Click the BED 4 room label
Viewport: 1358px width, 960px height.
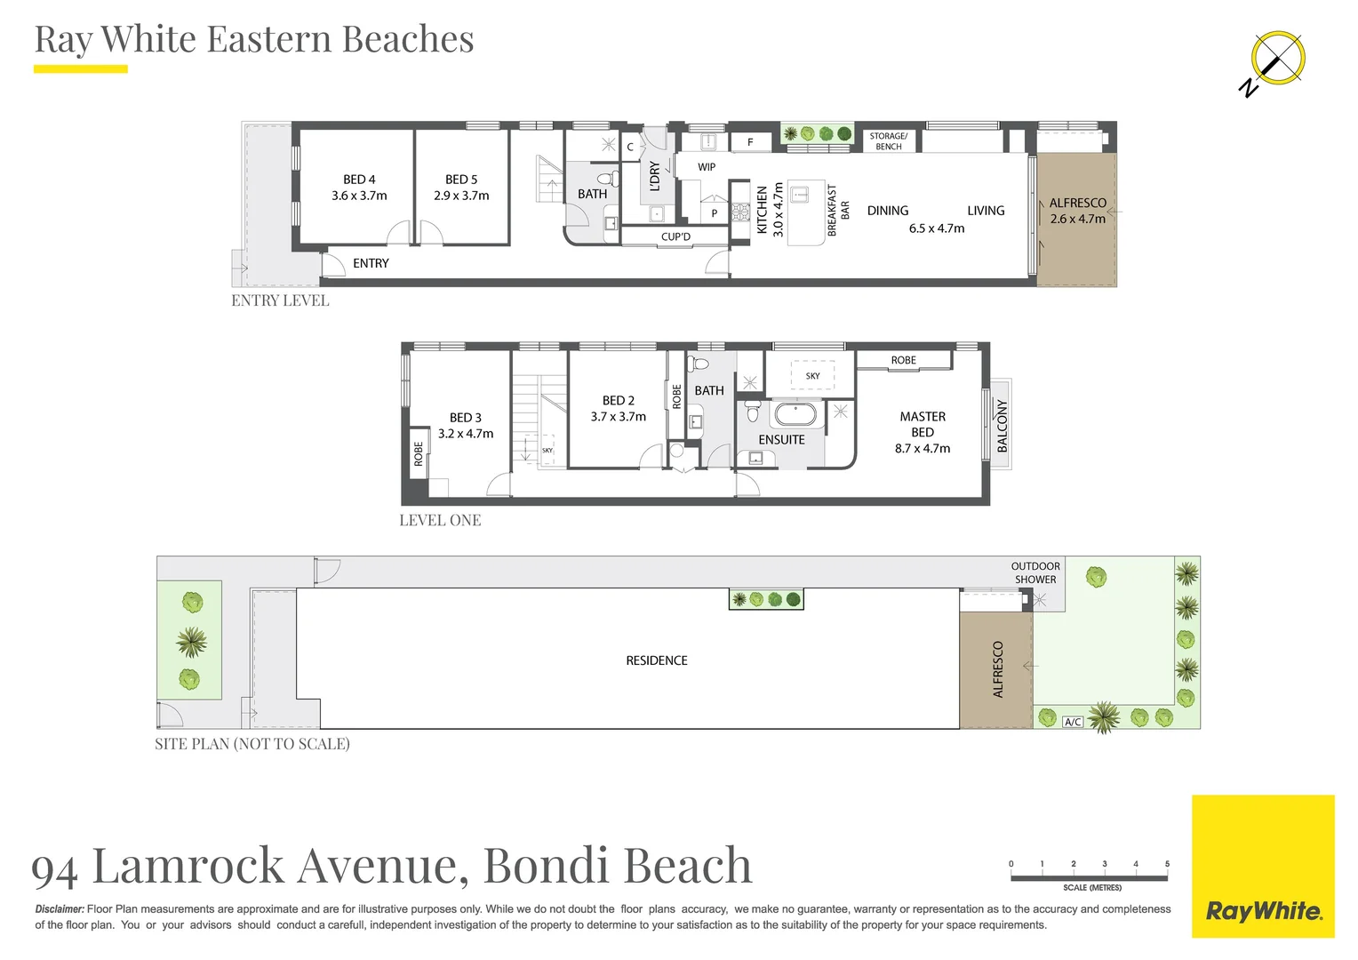359,180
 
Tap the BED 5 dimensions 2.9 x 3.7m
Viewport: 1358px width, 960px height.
461,196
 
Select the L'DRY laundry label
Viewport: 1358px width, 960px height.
655,176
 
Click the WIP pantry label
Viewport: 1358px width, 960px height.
707,167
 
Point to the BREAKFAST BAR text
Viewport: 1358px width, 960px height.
838,211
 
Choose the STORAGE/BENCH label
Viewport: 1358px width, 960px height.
888,141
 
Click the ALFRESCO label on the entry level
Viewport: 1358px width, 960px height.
1077,203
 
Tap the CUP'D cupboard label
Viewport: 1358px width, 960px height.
675,237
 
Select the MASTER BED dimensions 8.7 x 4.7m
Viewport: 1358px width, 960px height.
922,449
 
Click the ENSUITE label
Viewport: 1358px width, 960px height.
781,440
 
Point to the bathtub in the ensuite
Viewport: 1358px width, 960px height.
795,415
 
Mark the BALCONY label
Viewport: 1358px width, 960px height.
1002,426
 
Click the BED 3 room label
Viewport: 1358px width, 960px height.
465,418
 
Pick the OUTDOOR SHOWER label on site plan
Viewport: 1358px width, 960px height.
1035,572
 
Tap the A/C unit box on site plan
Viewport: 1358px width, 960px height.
1073,722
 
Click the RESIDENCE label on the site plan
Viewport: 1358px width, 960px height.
656,660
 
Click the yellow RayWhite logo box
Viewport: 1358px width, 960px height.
1262,866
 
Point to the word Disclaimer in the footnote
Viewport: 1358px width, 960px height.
60,909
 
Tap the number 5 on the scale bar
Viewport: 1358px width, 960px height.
1167,864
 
